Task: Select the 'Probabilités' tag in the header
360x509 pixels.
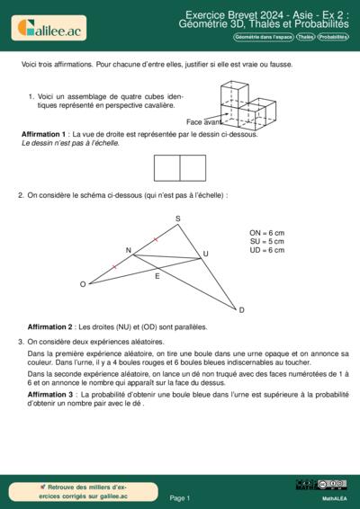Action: click(333, 37)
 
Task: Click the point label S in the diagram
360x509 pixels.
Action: click(177, 219)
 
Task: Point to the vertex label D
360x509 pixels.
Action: click(241, 310)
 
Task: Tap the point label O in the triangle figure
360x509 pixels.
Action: click(83, 284)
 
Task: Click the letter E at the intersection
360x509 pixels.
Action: click(157, 276)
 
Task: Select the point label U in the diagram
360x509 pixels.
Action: click(205, 254)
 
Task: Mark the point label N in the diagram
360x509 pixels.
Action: click(128, 250)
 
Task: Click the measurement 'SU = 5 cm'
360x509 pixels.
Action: click(267, 241)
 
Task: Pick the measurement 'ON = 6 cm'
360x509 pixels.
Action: click(267, 232)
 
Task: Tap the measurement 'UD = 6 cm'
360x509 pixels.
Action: click(267, 250)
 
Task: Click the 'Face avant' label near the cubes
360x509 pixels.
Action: click(203, 121)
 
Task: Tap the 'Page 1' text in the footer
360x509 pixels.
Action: click(179, 496)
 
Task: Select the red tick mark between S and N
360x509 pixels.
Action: click(156, 239)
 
